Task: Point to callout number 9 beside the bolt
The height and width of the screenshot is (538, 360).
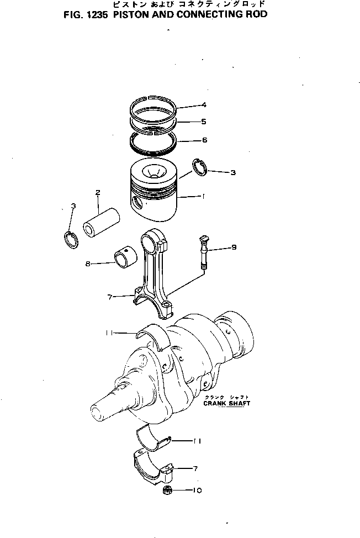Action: pyautogui.click(x=234, y=247)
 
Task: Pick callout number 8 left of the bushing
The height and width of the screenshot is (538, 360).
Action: pyautogui.click(x=88, y=263)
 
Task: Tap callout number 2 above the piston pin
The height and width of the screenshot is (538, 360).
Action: pyautogui.click(x=98, y=192)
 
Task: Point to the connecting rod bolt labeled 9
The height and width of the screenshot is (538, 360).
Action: pyautogui.click(x=202, y=251)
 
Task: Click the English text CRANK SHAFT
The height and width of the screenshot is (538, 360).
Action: pyautogui.click(x=227, y=403)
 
